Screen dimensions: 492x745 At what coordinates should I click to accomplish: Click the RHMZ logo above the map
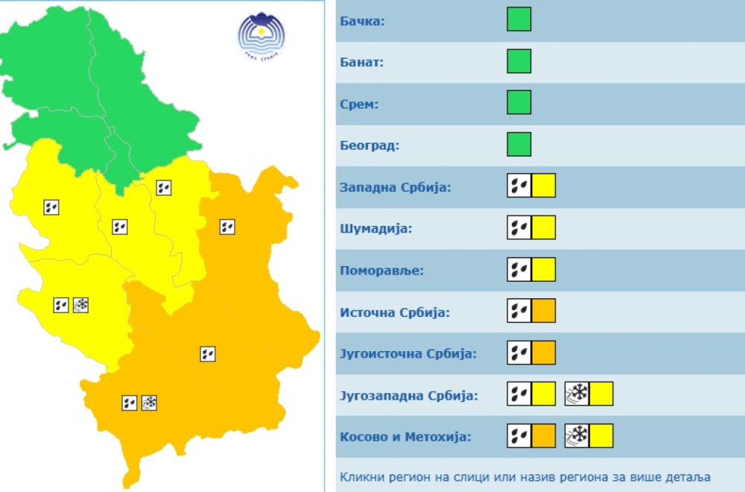261,34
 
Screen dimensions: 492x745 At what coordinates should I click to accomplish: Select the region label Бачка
362,21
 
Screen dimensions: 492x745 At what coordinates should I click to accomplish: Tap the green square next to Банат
519,61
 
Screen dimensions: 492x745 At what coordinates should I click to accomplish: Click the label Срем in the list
359,104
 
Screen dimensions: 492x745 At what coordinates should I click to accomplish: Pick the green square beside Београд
519,144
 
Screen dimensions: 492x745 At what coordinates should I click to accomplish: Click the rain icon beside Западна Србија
519,185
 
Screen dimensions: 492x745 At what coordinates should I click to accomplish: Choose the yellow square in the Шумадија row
544,227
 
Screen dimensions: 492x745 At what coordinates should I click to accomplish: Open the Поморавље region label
381,270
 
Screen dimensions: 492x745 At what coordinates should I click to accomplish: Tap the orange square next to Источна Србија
544,310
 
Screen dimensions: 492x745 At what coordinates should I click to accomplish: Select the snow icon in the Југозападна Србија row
577,394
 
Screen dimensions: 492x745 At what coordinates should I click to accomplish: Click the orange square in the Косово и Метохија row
544,435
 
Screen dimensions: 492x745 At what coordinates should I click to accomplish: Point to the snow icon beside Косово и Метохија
577,435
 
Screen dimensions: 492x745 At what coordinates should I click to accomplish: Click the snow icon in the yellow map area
80,304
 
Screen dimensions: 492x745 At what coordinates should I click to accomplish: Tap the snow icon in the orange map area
149,403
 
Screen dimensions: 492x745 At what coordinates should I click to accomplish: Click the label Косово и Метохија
405,437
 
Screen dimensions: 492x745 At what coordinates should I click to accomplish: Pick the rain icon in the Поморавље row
519,269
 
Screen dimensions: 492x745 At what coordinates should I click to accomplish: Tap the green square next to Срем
519,102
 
